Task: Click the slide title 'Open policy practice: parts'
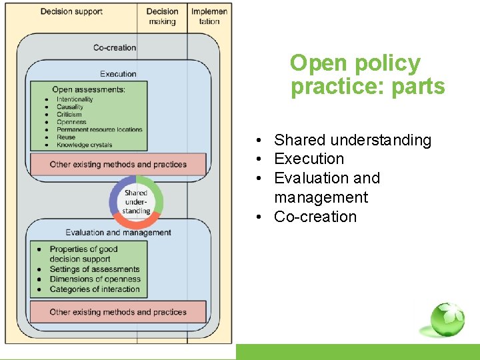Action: coord(367,75)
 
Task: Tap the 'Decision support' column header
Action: coord(71,11)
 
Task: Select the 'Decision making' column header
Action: coord(162,16)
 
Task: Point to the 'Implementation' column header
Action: coord(209,16)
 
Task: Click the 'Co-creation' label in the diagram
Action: coord(115,47)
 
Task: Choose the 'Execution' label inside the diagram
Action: coord(118,74)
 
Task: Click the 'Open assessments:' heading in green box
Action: coord(89,89)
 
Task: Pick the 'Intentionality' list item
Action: coord(75,99)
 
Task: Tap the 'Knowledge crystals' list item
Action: coord(85,145)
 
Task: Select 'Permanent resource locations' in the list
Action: coord(99,129)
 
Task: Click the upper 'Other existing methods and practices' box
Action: coord(118,164)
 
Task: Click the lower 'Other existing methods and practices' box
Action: coord(118,312)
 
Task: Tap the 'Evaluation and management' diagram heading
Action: coord(118,233)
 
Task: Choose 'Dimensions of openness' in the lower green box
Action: coord(95,279)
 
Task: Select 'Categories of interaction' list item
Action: coord(95,289)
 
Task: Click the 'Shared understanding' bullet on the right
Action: coord(353,140)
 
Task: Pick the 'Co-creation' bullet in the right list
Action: coord(315,217)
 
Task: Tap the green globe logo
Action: coord(446,320)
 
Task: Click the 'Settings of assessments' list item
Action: coord(94,269)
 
